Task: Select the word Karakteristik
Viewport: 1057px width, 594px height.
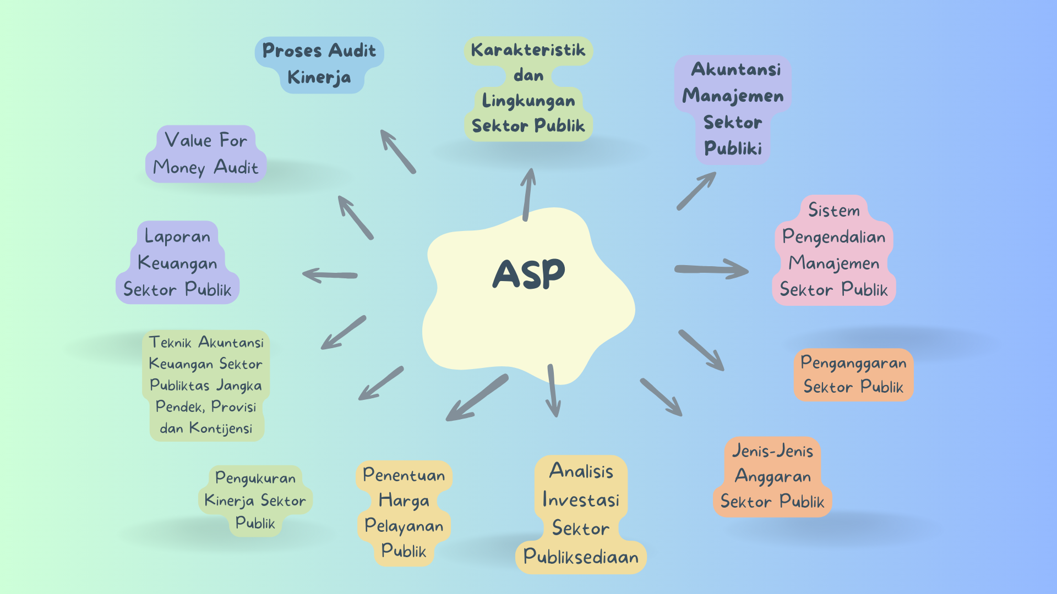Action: click(528, 50)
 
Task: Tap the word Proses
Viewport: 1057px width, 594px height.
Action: click(292, 51)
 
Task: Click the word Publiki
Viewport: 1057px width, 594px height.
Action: click(733, 148)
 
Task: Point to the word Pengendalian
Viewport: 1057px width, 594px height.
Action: click(833, 237)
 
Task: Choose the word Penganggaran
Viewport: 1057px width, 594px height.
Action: click(853, 363)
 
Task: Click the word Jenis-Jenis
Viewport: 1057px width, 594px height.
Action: click(772, 451)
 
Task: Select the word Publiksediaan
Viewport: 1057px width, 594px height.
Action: click(581, 557)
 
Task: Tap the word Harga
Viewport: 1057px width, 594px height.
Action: click(404, 501)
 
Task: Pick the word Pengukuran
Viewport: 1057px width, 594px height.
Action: click(255, 478)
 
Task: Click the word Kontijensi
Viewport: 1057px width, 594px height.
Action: click(221, 428)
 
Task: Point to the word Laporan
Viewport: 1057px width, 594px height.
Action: click(177, 237)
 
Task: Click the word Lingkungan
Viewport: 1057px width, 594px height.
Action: click(528, 101)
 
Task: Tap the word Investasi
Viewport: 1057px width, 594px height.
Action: click(581, 499)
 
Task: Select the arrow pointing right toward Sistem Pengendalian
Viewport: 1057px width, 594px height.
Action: click(711, 269)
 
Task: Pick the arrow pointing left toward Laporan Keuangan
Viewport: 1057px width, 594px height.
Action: click(330, 274)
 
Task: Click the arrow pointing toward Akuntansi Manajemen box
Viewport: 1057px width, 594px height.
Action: click(696, 190)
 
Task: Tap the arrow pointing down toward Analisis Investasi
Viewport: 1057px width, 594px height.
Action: click(553, 391)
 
